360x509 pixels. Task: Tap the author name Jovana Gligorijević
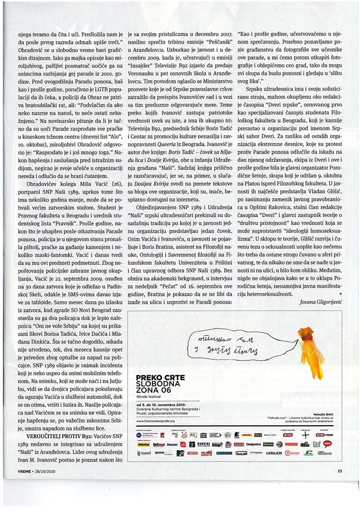pyautogui.click(x=321, y=303)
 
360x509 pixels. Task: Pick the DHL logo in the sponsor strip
pyautogui.click(x=247, y=434)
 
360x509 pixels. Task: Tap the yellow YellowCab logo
pyautogui.click(x=143, y=444)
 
